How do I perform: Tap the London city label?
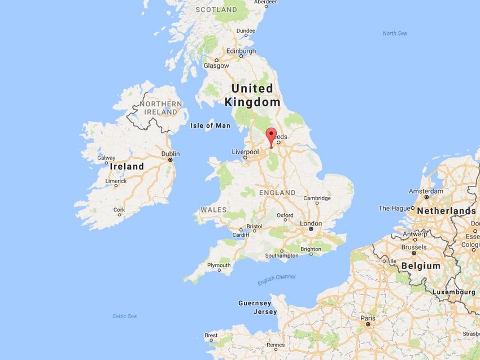click(311, 224)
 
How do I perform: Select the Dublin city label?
click(170, 154)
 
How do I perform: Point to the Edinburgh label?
click(241, 51)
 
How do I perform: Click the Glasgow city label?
click(216, 66)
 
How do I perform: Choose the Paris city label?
click(368, 318)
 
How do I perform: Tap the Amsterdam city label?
click(426, 191)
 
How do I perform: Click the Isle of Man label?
click(211, 125)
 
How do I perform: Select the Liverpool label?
click(246, 152)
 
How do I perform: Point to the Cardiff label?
click(240, 236)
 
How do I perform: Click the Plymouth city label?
click(219, 265)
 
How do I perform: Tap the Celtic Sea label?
click(124, 316)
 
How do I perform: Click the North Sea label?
click(394, 33)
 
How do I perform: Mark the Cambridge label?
click(317, 198)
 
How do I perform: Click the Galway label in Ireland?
click(106, 158)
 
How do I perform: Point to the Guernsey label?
click(255, 303)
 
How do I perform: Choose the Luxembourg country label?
click(453, 292)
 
